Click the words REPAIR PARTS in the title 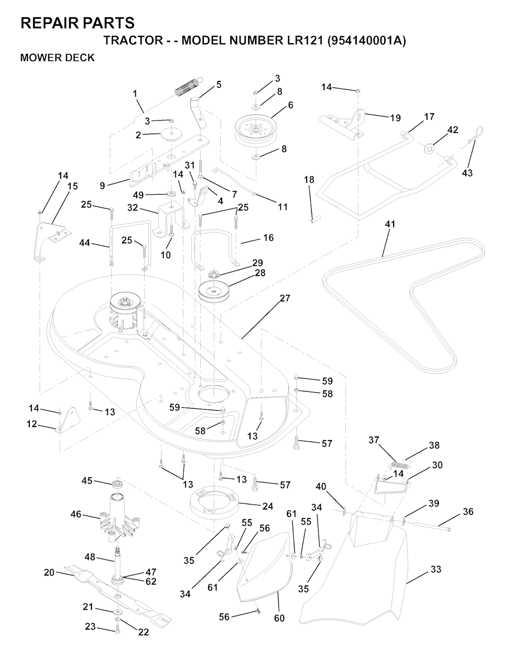pos(78,23)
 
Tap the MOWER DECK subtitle pos(57,58)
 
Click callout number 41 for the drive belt pos(390,224)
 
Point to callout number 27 pos(284,298)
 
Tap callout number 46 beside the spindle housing pos(76,514)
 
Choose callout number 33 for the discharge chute pos(435,570)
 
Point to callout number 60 pos(279,618)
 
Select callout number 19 pos(395,118)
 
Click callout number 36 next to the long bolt pos(468,511)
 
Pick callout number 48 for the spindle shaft pos(89,557)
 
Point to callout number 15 pos(72,186)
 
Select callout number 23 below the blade pos(90,627)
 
